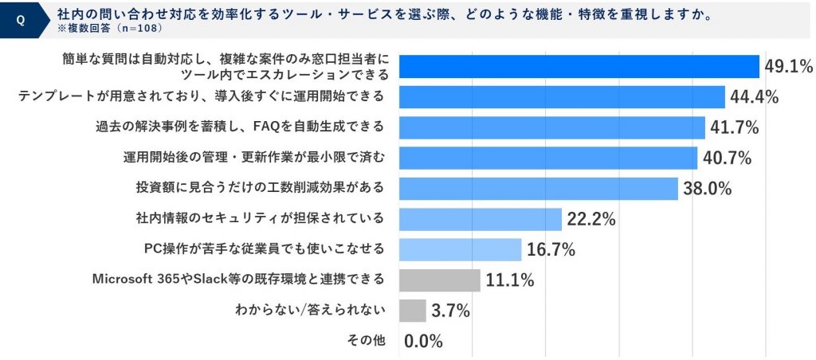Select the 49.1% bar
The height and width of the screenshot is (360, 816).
[x=579, y=67]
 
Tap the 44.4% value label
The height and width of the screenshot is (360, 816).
[x=752, y=97]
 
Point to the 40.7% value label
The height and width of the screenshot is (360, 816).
[x=726, y=158]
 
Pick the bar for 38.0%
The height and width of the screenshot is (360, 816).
[x=538, y=188]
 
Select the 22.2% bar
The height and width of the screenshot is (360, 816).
[x=480, y=218]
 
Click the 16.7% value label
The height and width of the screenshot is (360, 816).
[x=551, y=249]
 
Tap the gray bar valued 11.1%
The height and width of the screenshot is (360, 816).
[x=439, y=280]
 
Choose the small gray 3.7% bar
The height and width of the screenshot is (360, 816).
[x=412, y=310]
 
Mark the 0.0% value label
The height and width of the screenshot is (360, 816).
[x=423, y=341]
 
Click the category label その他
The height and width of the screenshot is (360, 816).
[x=367, y=340]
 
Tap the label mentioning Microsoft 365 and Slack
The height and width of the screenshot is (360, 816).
[x=239, y=280]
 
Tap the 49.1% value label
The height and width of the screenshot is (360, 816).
[x=787, y=66]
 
